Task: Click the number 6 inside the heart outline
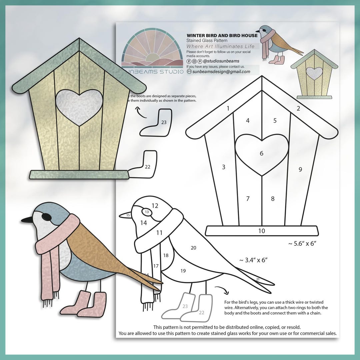point(262,153)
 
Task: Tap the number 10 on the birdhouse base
point(262,231)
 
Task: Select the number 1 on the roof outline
point(228,108)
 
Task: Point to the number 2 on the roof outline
point(298,108)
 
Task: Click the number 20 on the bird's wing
point(193,248)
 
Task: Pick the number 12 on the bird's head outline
point(155,206)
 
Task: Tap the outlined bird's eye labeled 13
point(147,212)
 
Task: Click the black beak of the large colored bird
point(26,220)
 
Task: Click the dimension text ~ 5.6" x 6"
point(302,244)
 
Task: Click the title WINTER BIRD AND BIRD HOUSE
point(222,35)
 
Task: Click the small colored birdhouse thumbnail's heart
point(314,73)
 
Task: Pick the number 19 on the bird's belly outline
point(183,271)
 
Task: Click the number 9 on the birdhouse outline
point(300,169)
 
